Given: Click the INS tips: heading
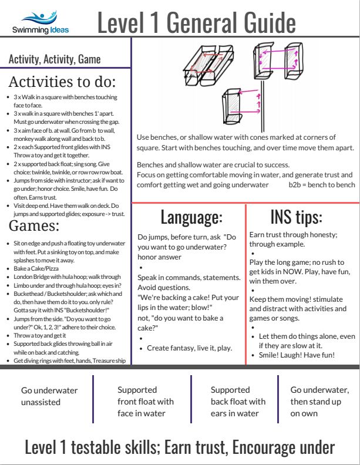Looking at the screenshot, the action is click(x=297, y=217).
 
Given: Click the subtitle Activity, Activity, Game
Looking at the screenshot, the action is click(x=55, y=59).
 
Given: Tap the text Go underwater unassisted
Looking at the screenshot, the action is click(x=49, y=396).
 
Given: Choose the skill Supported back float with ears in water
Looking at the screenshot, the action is click(x=238, y=402).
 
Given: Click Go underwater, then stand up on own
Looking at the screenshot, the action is click(x=319, y=402).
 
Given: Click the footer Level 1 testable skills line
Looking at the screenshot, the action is click(x=180, y=447).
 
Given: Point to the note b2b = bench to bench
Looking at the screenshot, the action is click(x=322, y=184).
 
